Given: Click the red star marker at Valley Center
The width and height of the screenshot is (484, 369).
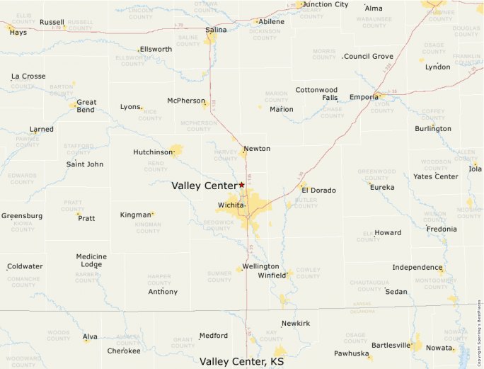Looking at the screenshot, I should tap(241, 185).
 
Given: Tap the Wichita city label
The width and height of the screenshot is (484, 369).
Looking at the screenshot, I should tap(231, 205).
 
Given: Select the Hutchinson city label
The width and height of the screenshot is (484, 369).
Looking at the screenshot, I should tap(153, 152).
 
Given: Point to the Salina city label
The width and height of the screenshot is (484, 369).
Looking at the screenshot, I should tap(216, 30).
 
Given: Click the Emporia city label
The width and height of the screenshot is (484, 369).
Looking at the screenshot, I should tap(364, 97).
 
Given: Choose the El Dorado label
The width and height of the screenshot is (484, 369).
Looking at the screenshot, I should tap(318, 191).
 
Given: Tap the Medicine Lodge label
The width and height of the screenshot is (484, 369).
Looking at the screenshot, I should tap(91, 261).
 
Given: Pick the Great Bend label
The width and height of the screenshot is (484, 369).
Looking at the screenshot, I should tap(86, 106).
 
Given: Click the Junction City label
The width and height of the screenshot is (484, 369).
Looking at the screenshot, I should tap(325, 4).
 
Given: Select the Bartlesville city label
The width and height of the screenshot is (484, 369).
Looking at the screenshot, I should tap(391, 346).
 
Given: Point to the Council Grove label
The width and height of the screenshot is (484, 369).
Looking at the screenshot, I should tap(369, 56).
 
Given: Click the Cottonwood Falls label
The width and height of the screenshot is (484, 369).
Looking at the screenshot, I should tap(316, 94).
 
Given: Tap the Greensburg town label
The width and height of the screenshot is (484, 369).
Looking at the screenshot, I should tap(22, 215).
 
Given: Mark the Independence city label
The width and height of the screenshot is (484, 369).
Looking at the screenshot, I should tap(417, 267).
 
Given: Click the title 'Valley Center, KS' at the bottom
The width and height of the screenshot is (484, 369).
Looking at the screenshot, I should tap(241, 361).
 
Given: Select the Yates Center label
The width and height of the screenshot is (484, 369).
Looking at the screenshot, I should tap(436, 176).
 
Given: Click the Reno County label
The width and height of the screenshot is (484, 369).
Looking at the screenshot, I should tap(156, 166).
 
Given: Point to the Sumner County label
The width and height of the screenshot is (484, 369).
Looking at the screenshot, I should tap(219, 276).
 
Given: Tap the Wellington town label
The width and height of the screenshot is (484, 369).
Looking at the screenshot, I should tap(260, 266).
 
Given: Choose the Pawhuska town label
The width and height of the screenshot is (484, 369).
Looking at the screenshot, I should tap(352, 353).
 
